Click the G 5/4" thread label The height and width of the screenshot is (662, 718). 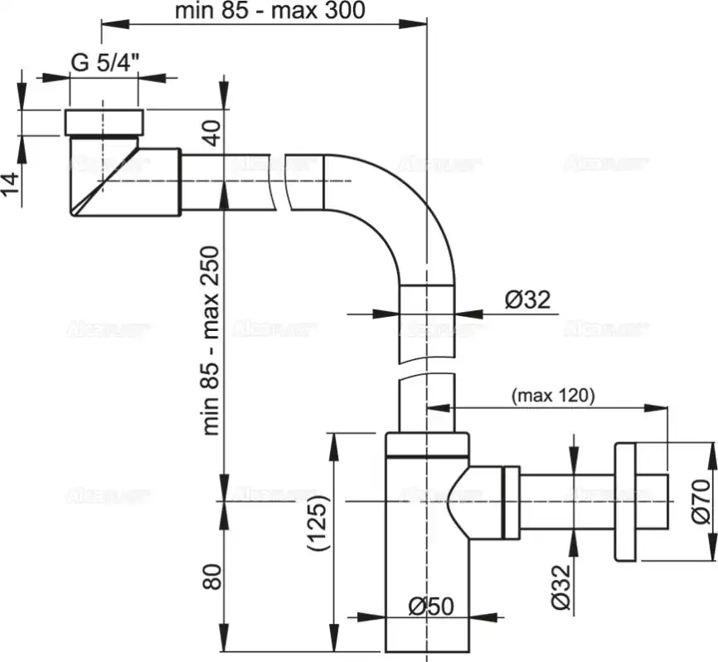(x=104, y=63)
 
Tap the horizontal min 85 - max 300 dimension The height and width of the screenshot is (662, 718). (x=270, y=11)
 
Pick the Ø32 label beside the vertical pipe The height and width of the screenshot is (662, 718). (x=527, y=299)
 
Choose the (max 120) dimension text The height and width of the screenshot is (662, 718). (x=553, y=396)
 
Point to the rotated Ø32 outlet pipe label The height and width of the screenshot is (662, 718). (x=562, y=587)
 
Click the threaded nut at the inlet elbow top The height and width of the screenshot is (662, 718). (x=104, y=121)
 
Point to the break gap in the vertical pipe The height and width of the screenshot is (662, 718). (x=426, y=368)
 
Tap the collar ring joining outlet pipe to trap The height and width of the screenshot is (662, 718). (x=510, y=501)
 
